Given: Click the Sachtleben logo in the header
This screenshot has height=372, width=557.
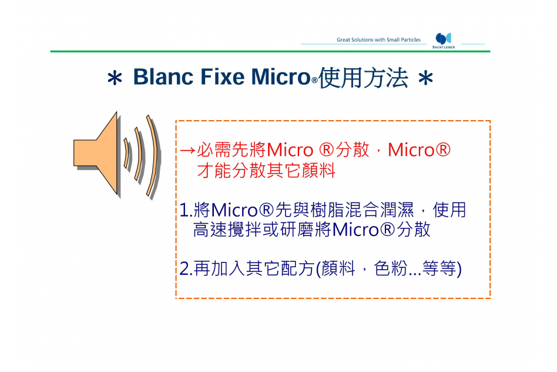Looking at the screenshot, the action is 444,40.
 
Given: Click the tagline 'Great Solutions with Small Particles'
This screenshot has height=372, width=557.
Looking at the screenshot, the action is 378,40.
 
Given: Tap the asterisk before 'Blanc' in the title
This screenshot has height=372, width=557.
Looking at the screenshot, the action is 115,78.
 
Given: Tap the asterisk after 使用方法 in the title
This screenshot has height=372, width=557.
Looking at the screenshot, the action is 425,78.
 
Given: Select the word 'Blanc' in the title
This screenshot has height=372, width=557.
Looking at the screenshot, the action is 163,77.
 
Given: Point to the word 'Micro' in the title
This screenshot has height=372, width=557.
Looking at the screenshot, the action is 281,77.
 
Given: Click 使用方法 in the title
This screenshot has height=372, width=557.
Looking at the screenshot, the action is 363,78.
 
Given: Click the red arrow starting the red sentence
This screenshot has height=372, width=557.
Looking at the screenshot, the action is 187,151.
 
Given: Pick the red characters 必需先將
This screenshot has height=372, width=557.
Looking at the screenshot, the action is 231,150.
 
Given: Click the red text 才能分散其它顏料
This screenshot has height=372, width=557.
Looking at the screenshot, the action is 266,171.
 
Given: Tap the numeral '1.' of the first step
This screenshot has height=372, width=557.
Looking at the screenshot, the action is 186,210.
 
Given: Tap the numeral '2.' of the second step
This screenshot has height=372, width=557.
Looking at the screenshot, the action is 186,268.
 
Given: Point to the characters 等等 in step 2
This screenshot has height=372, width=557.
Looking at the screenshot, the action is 439,268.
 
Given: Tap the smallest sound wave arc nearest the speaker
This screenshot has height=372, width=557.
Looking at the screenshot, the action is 126,153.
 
